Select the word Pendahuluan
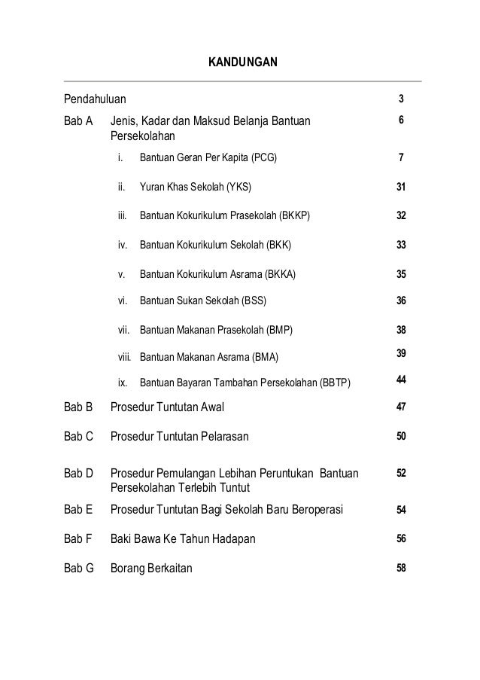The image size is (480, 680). pos(95,99)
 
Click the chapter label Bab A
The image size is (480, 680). pos(78,120)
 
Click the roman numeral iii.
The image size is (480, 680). pos(121,215)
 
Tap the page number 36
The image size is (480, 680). pos(402,301)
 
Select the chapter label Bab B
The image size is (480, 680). pos(78,407)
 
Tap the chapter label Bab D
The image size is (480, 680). pos(78,474)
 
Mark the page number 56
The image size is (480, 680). pos(402,538)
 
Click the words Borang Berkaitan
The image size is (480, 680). pos(151,568)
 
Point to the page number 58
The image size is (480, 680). pos(402,568)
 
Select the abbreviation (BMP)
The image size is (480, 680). pos(277,330)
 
